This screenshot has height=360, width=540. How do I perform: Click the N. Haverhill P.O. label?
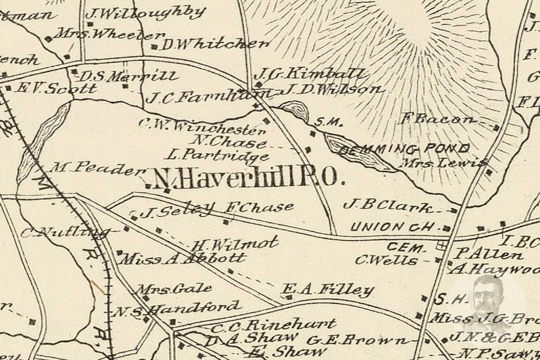pos(246,179)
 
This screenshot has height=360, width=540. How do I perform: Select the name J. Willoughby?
pos(145,13)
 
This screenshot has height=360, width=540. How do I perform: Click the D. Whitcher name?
pos(215,45)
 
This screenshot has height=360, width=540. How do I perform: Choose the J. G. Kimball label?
pos(310,74)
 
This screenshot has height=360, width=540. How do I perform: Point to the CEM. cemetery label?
pos(405,247)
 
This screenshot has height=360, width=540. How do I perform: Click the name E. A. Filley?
pos(328,289)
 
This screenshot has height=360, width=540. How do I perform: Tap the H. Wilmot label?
pos(234,244)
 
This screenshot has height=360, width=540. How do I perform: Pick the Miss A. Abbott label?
pos(184,259)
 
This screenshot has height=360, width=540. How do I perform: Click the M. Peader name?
pos(97,167)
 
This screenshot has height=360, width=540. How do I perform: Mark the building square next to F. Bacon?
pos(496,127)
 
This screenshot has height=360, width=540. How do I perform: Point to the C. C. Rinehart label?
pos(273,325)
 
